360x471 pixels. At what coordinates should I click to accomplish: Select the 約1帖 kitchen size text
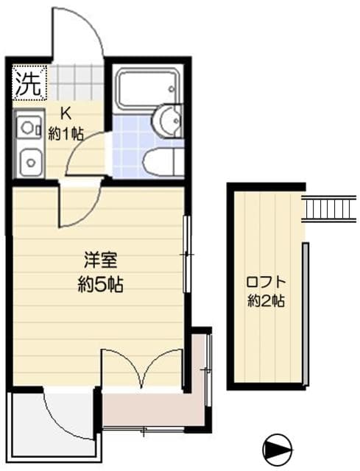click(66, 134)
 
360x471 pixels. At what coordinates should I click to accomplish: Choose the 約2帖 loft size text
click(266, 300)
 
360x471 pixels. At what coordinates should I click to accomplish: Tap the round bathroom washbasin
click(168, 120)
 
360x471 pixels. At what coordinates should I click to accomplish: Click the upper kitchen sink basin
click(29, 127)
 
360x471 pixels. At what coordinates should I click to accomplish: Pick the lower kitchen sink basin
click(29, 158)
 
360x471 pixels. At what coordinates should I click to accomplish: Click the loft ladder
click(329, 208)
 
